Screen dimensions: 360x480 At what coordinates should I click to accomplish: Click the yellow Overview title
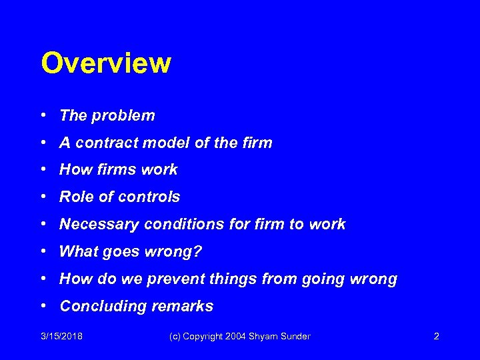click(x=106, y=64)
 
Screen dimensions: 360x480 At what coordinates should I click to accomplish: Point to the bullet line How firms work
click(x=118, y=170)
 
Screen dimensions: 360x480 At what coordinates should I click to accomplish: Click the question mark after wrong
click(x=198, y=252)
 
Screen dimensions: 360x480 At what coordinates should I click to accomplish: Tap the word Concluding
click(x=101, y=307)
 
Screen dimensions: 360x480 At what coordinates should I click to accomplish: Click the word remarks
click(x=187, y=307)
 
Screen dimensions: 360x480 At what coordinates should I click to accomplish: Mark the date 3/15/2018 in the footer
click(x=61, y=337)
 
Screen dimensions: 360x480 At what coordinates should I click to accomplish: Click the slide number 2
click(x=436, y=337)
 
